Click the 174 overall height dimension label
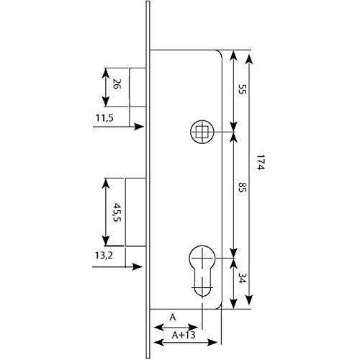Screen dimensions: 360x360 coord(261,162)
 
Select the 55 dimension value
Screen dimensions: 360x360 coord(243,89)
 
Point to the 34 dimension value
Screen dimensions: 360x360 coord(243,278)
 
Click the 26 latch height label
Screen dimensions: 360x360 coord(117,84)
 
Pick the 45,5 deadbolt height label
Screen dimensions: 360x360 coord(117,212)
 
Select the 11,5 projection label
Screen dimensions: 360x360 coord(104,118)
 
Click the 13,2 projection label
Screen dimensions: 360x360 coord(104,256)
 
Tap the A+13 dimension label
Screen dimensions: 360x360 coord(184,335)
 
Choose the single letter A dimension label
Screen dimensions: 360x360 coord(173,318)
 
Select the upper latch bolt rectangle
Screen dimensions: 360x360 coord(138,87)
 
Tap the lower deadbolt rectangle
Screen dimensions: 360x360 coord(135,212)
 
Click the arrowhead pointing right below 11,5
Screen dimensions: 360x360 coord(139,127)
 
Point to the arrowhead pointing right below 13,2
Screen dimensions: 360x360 coord(138,266)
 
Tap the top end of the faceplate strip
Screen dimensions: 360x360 coord(148,1)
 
